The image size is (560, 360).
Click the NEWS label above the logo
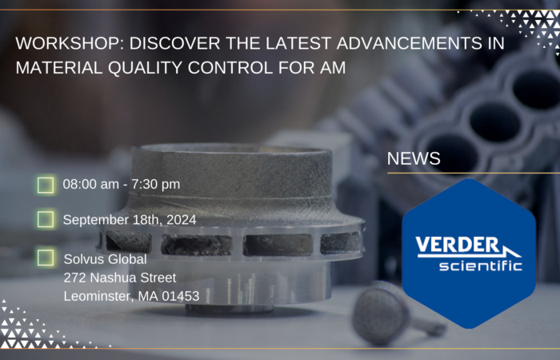pos(414,158)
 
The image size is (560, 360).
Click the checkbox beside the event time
pos(46,185)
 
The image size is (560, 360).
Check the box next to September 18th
pos(46,219)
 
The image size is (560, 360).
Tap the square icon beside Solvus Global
pos(46,258)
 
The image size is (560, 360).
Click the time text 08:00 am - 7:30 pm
pos(121,185)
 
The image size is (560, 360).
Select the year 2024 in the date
pos(180,219)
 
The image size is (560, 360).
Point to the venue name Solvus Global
pos(106,259)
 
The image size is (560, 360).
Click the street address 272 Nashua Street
pos(120,278)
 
